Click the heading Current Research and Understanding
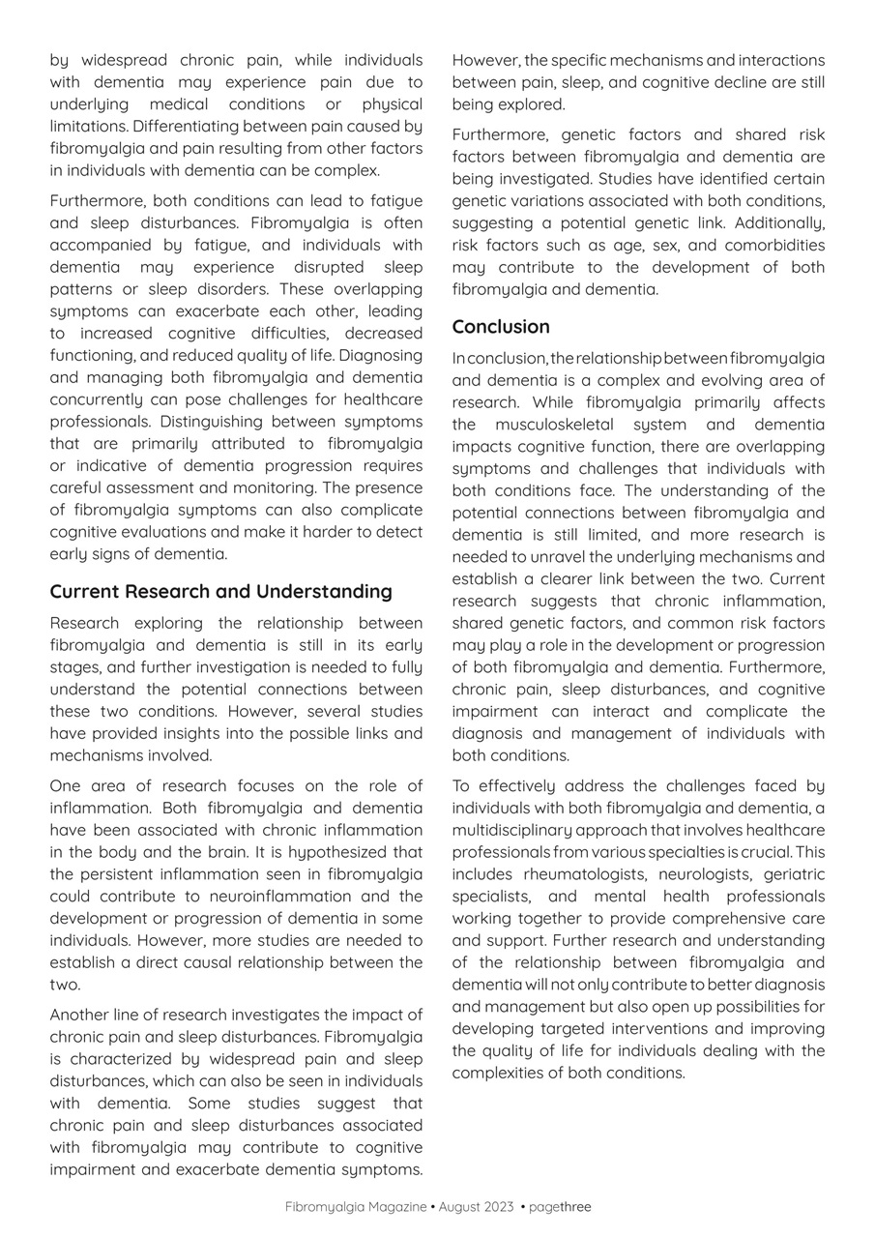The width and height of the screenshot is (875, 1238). tap(220, 591)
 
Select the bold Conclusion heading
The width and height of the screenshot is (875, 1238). tap(500, 327)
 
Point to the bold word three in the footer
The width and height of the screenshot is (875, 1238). tap(575, 1207)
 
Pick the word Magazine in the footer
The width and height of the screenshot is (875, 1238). tap(395, 1207)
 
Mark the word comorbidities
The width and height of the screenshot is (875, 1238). tap(774, 245)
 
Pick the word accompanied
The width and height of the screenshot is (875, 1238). tap(99, 245)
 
